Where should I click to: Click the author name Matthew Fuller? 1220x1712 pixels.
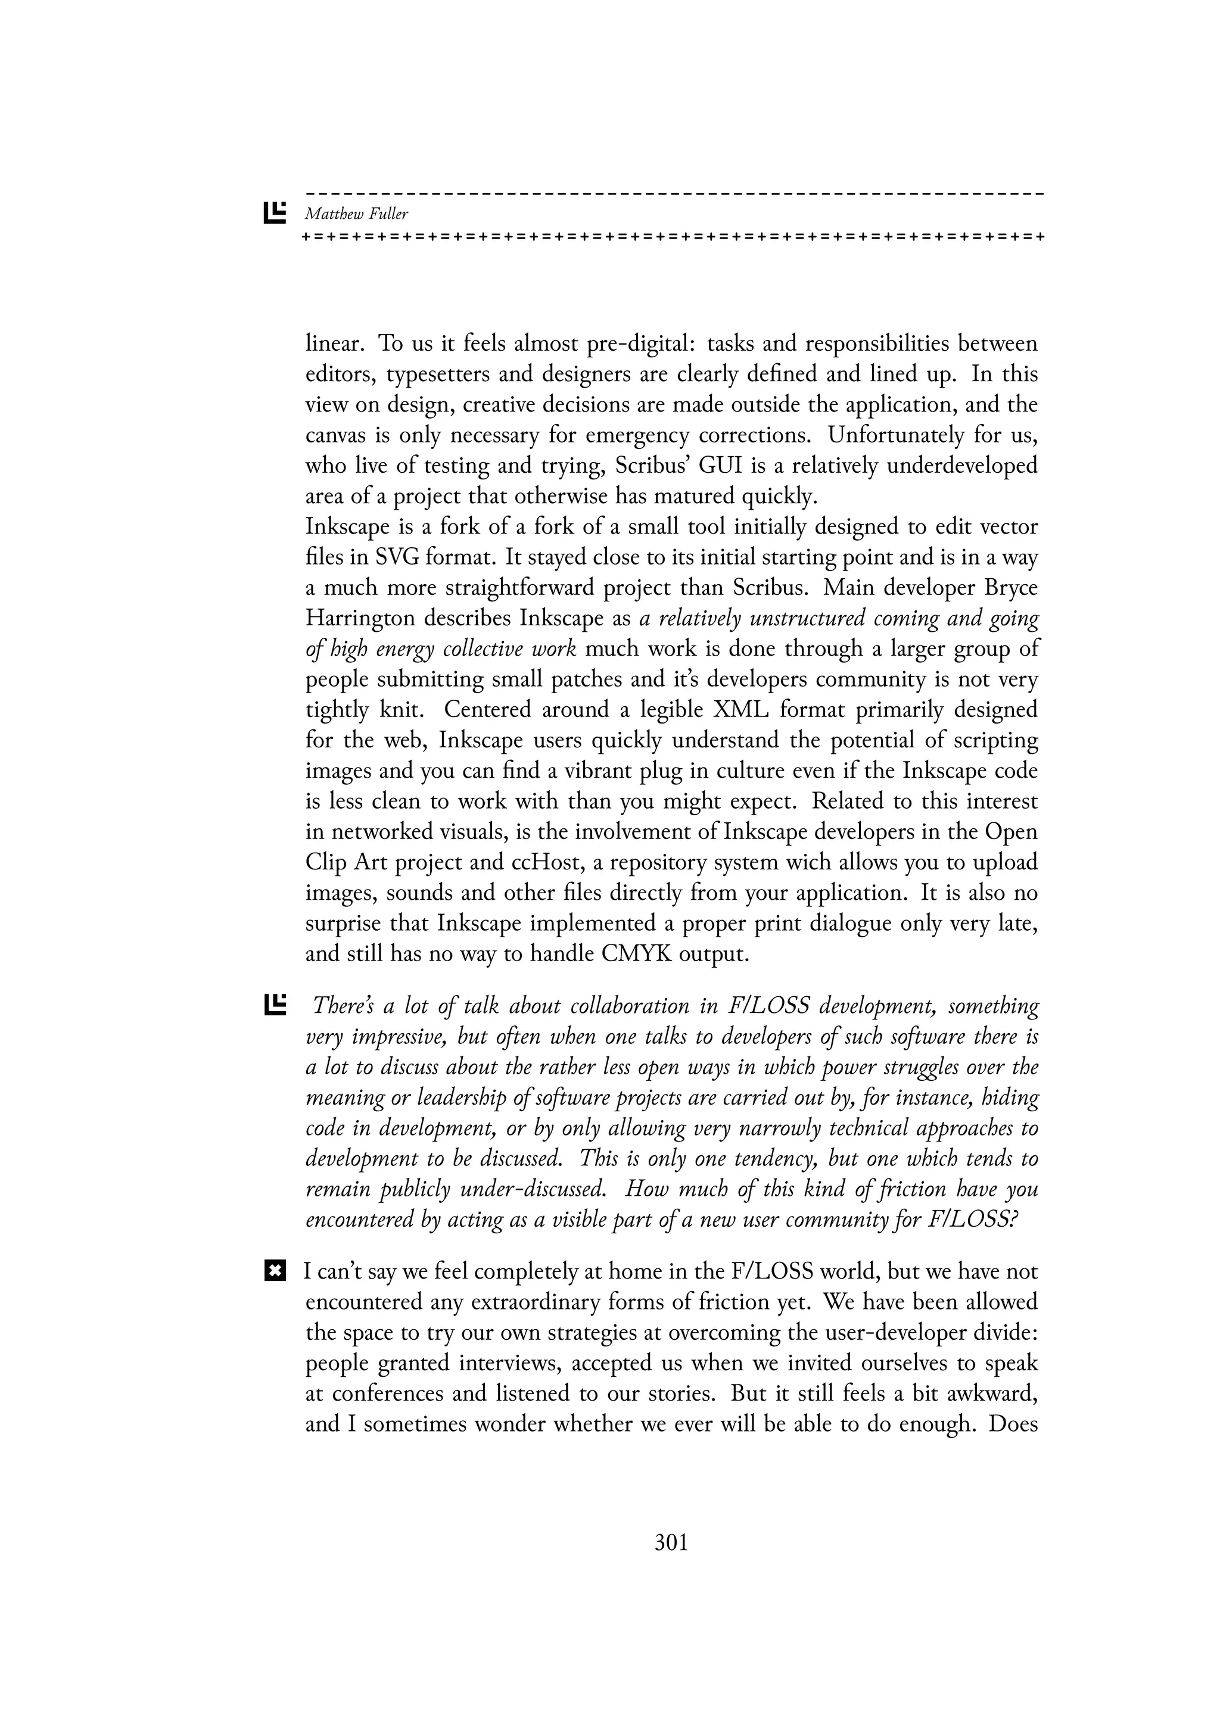pos(356,214)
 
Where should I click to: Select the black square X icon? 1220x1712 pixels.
pos(275,1272)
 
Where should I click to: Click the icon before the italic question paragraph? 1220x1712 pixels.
pos(275,1005)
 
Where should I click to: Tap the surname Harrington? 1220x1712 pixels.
pos(360,619)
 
